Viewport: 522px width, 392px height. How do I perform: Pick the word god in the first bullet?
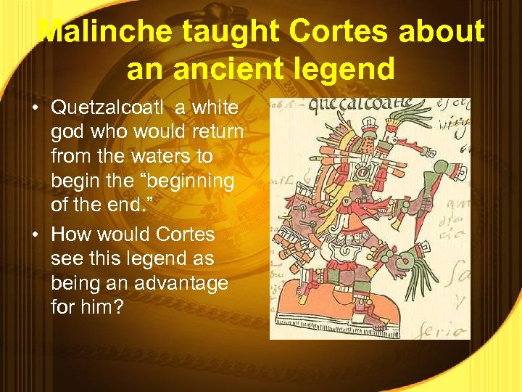pyautogui.click(x=65, y=133)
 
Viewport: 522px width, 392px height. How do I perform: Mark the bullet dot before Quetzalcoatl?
pyautogui.click(x=36, y=109)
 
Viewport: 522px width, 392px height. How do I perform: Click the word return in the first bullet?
pyautogui.click(x=220, y=133)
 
